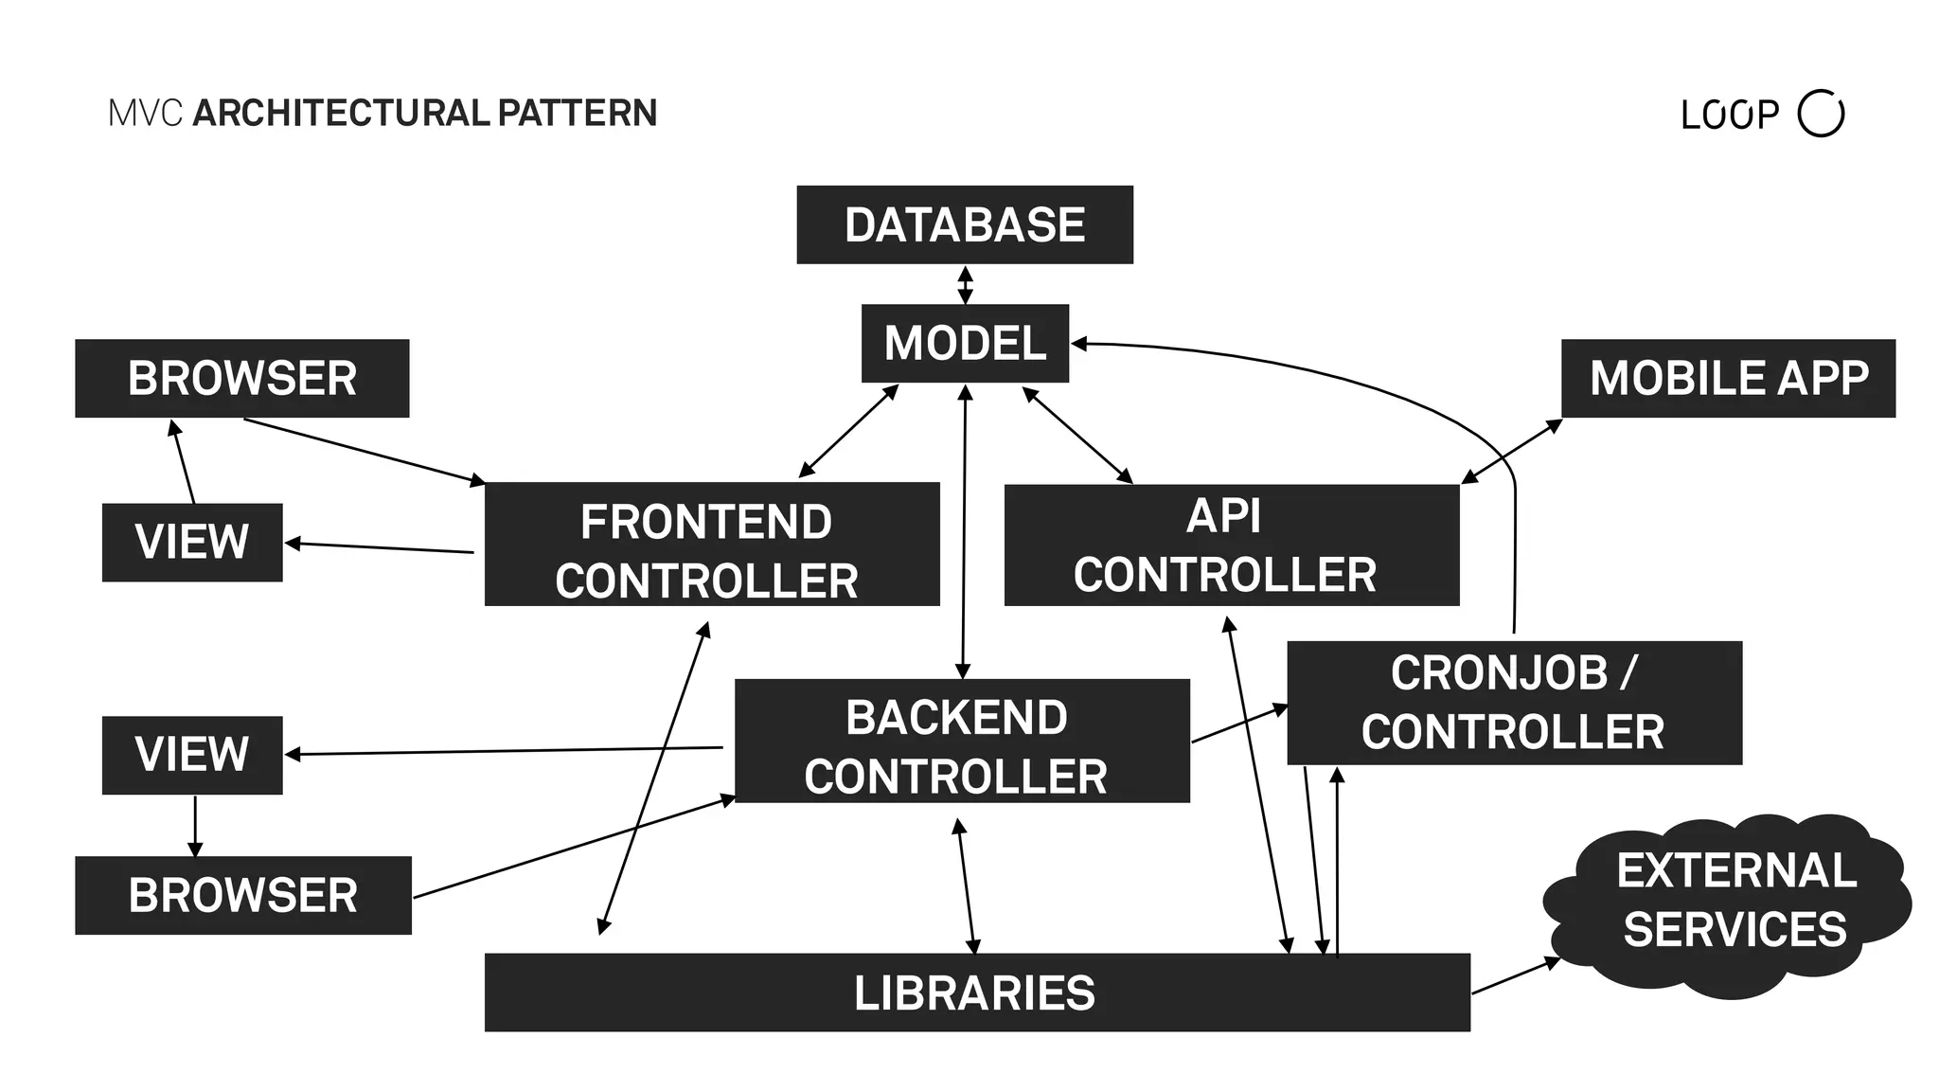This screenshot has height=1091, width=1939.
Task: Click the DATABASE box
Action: [964, 224]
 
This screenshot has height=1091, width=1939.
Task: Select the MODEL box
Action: [964, 343]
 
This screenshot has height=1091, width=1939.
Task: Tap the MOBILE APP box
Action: [1727, 378]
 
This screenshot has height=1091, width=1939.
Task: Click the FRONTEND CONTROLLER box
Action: [711, 545]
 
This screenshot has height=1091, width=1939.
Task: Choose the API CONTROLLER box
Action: [1231, 545]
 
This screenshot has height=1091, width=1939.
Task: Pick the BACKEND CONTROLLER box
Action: [961, 741]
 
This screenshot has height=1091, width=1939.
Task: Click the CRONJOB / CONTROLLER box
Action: [1513, 703]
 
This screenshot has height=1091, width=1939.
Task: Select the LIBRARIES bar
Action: [976, 993]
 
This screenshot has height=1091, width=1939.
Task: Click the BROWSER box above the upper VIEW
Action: [241, 378]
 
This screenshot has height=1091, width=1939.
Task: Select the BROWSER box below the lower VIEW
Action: [242, 895]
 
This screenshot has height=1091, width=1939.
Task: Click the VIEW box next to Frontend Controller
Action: [192, 542]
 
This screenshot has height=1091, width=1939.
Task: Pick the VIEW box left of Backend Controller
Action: [192, 755]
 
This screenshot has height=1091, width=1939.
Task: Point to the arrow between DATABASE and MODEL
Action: [965, 284]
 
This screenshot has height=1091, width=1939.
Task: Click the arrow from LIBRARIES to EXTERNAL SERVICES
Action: [1515, 976]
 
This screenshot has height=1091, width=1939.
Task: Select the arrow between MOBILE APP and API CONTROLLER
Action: [1511, 452]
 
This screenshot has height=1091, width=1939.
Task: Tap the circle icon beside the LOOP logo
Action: [1820, 114]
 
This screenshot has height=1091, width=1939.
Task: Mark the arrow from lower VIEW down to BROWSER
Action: [195, 825]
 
